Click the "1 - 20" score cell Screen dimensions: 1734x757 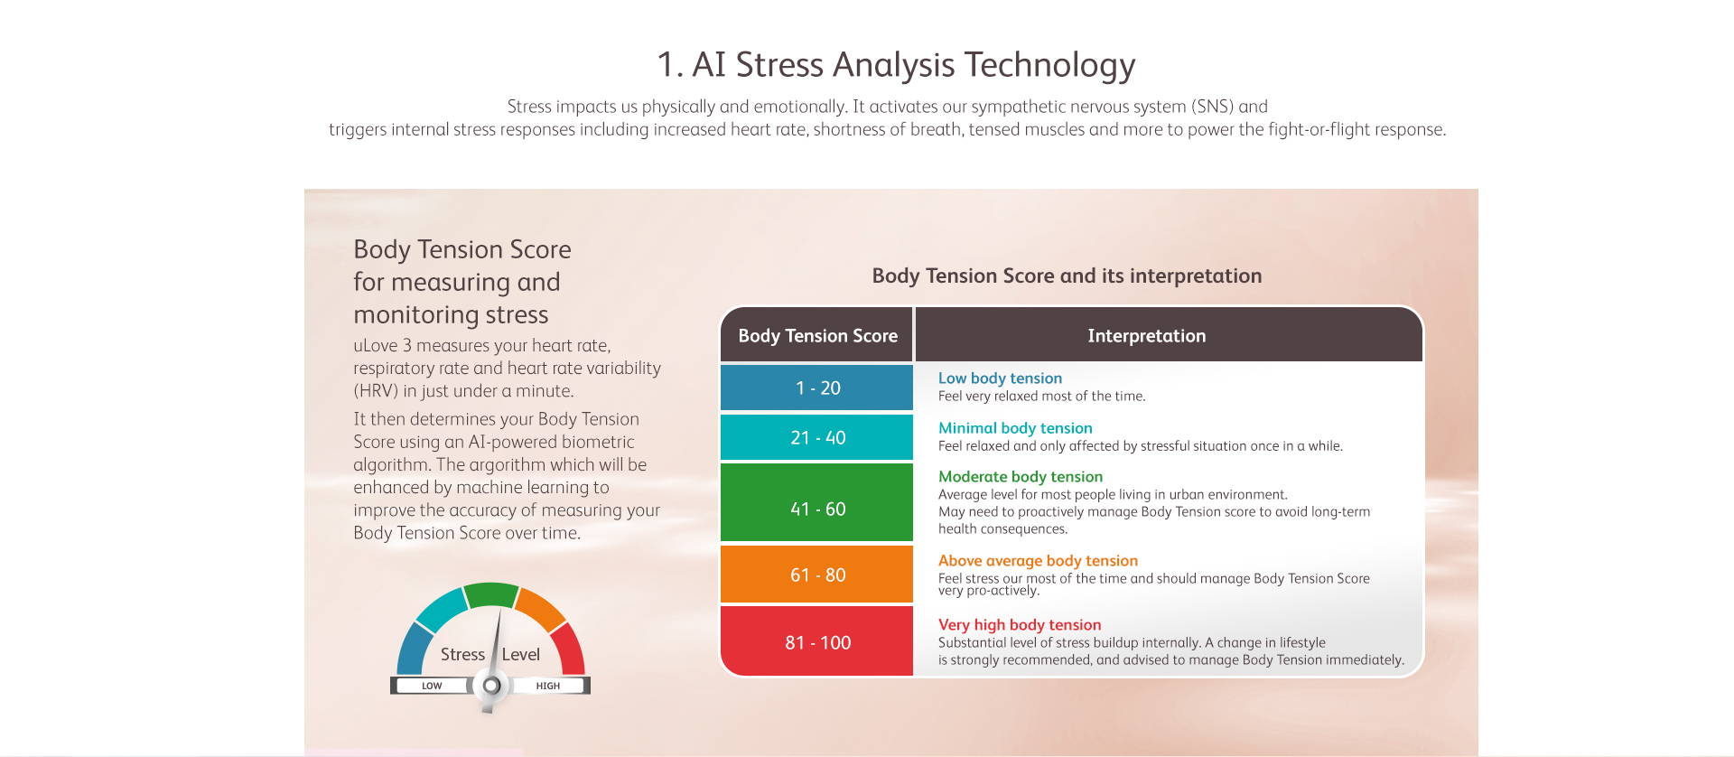click(x=816, y=388)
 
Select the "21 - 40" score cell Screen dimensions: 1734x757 click(x=816, y=437)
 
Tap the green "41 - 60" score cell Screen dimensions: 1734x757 click(x=816, y=509)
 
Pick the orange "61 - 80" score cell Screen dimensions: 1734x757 click(x=816, y=575)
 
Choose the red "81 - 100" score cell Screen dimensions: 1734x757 click(x=816, y=641)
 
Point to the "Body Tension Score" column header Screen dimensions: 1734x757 click(x=816, y=335)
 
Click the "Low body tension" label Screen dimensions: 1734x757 click(x=1000, y=378)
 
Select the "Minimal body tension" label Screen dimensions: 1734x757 click(x=1015, y=428)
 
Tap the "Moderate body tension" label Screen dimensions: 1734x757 click(x=1021, y=477)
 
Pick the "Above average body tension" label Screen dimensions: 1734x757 click(x=1038, y=561)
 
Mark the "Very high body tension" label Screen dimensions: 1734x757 click(x=1020, y=625)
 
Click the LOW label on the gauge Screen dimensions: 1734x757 click(x=432, y=686)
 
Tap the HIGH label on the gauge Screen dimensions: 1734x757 click(x=548, y=686)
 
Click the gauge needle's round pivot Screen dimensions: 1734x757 click(x=491, y=686)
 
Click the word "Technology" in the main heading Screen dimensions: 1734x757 click(x=1049, y=65)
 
